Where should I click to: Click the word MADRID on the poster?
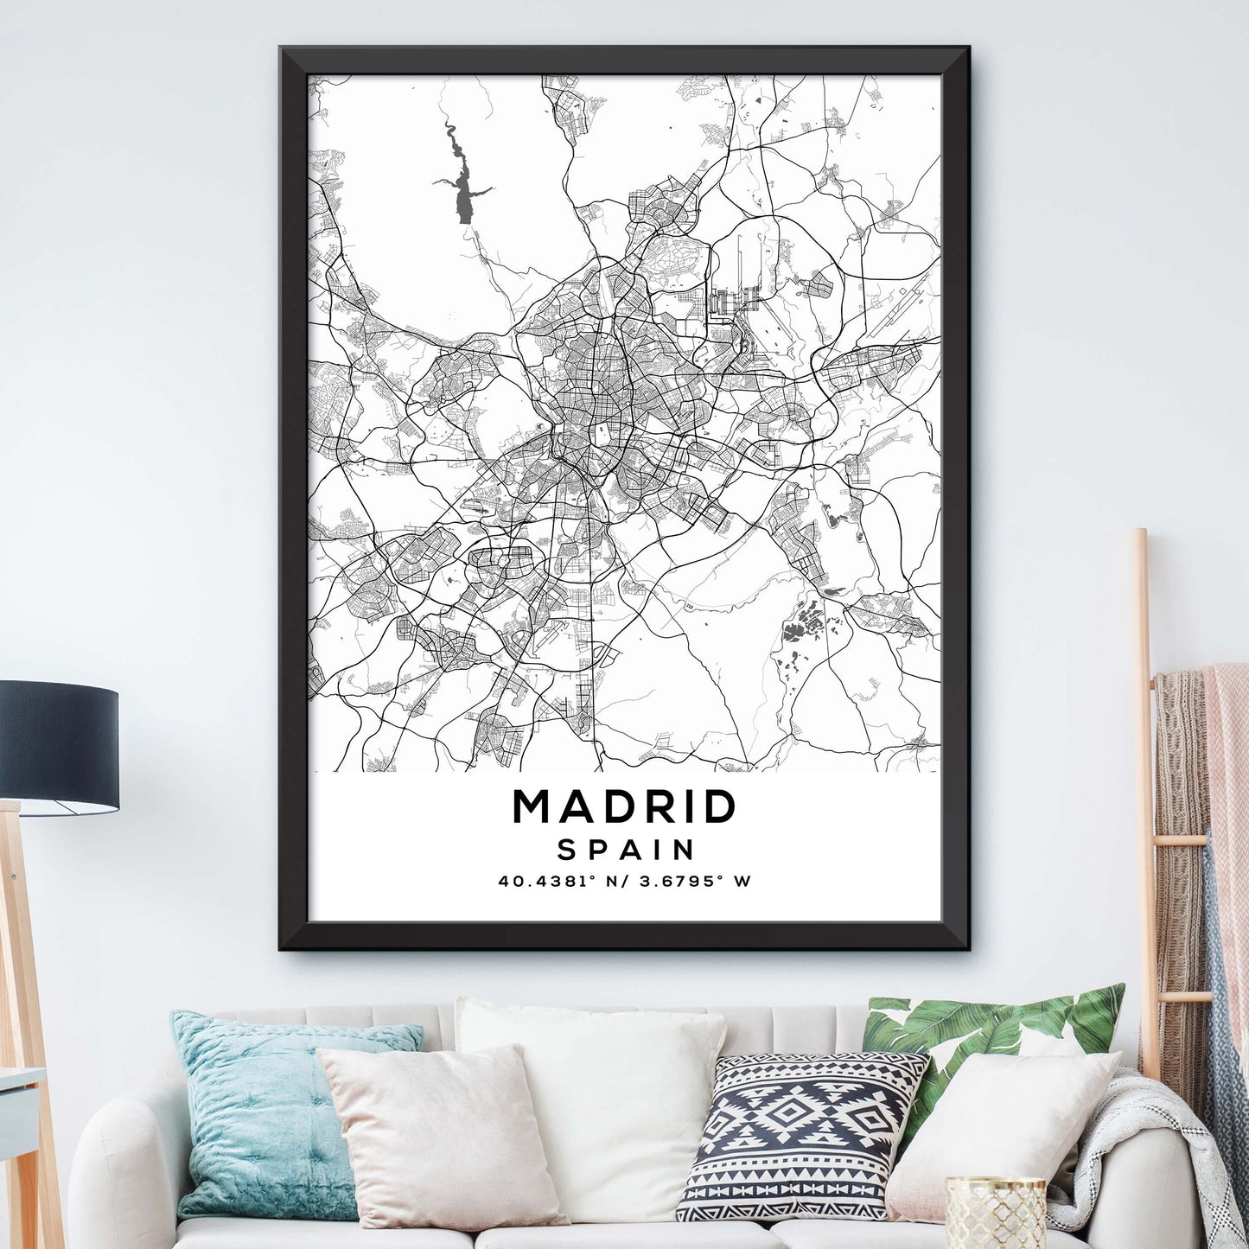pos(624,807)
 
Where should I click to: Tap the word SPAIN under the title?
pos(626,850)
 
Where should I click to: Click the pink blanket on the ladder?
pos(1227,778)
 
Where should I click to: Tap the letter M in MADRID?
pos(531,807)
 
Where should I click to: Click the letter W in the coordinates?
pos(741,883)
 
